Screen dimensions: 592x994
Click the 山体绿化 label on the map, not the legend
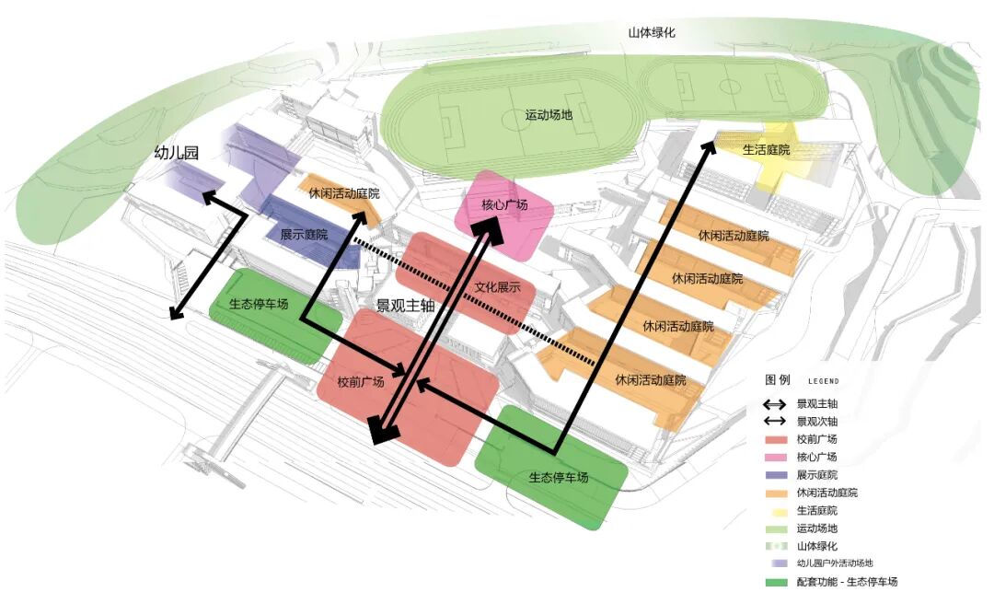point(652,32)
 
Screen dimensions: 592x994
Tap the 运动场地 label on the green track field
point(549,115)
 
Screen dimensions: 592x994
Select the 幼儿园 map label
point(176,154)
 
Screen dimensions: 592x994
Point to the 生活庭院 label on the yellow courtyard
point(766,149)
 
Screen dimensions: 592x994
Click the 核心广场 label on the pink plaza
point(504,204)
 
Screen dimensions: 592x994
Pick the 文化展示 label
point(498,287)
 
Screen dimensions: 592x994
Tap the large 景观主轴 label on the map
point(405,306)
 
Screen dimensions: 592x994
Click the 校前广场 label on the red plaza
point(360,382)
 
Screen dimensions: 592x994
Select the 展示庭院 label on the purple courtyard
point(304,235)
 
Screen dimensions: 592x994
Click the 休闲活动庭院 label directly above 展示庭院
point(344,194)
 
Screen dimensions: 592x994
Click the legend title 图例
point(778,379)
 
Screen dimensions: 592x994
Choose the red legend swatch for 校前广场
point(778,439)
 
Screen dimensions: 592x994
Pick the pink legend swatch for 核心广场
point(778,458)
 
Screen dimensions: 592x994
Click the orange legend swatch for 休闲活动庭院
point(778,493)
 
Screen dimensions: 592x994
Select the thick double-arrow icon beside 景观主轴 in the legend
point(778,404)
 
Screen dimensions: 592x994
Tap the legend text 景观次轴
point(818,422)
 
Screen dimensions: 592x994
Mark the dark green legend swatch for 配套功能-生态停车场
point(778,582)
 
